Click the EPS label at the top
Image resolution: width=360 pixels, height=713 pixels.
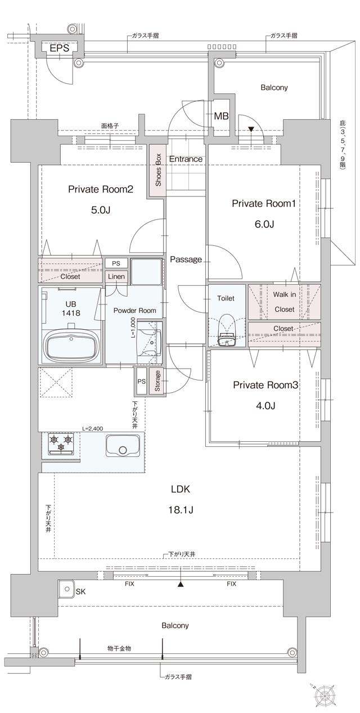click(x=59, y=48)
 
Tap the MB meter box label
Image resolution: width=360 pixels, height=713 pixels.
click(x=221, y=116)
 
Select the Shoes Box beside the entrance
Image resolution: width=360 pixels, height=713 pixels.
click(x=157, y=171)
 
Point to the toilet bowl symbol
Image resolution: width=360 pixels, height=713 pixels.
click(x=227, y=332)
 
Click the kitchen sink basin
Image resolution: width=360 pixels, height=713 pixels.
click(x=124, y=445)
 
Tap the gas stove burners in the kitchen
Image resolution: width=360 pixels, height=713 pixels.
click(x=61, y=443)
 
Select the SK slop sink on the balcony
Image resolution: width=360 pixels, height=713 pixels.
click(x=66, y=589)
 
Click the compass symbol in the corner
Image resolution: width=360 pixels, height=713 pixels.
click(x=325, y=694)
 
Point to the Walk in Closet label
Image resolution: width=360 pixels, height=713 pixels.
click(x=284, y=302)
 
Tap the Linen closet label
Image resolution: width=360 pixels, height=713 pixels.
click(x=116, y=277)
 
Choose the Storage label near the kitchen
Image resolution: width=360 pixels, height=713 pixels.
click(x=157, y=380)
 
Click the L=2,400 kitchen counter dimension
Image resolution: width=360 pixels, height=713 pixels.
click(x=93, y=428)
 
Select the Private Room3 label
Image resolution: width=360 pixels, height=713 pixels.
click(x=265, y=385)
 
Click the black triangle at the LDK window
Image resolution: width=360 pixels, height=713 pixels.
click(x=181, y=585)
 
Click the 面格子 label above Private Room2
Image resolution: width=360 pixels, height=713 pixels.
click(x=110, y=126)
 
